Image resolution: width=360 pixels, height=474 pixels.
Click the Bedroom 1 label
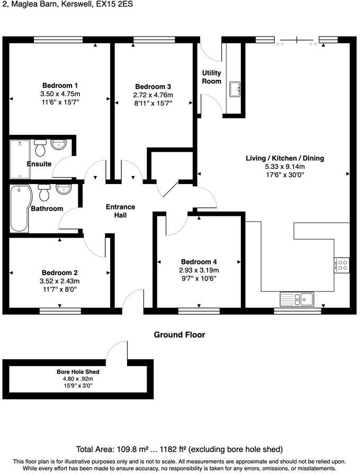(x=60, y=86)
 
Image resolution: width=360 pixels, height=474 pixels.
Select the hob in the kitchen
(x=341, y=265)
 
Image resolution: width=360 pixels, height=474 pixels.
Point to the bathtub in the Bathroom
(x=20, y=208)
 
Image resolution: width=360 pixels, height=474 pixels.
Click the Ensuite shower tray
(x=19, y=159)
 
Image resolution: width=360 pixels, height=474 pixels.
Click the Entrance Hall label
(x=120, y=211)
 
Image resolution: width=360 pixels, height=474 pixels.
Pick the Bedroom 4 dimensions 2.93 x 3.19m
(x=199, y=270)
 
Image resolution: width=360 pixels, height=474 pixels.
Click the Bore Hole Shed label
(x=78, y=372)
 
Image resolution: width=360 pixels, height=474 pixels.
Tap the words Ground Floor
(x=179, y=335)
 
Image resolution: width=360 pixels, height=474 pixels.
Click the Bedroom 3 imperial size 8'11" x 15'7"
(x=153, y=104)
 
